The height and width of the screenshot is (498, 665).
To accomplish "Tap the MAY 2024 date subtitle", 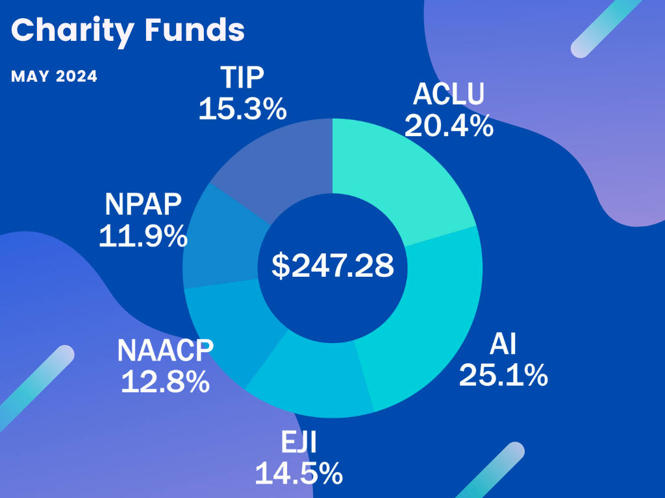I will pos(55,77).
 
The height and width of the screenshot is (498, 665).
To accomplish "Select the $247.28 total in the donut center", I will pos(332,266).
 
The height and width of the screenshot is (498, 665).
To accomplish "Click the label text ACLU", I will pos(449,95).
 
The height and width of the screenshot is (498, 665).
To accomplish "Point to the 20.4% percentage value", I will pos(449,125).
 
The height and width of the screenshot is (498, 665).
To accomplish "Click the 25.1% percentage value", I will pos(503,375).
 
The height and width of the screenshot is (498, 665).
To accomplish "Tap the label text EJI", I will pos(298,445).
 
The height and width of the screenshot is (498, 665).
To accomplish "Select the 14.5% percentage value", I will pos(298,474).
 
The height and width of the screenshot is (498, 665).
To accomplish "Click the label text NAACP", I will pos(165,351).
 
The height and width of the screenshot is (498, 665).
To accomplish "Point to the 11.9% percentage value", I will pos(143,237).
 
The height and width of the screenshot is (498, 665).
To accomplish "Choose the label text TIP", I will pos(242,78).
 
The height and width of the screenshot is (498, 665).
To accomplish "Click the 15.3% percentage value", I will pos(242,109).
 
